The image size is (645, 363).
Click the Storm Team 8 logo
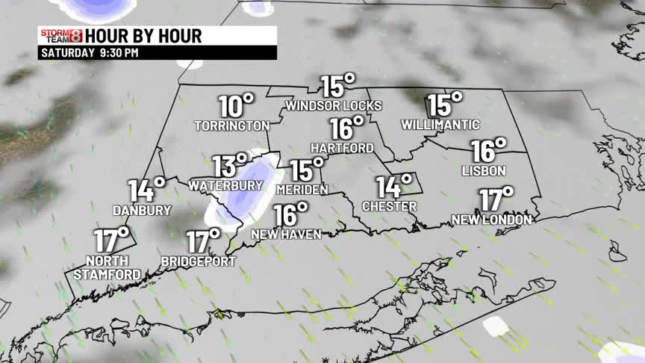pos(60,35)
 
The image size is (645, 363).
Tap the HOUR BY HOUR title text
pos(143,35)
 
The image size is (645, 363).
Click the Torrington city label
pos(231,125)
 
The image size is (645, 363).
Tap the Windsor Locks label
pos(334,105)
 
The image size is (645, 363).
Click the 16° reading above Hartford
pos(346,128)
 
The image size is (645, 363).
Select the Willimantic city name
pos(440,124)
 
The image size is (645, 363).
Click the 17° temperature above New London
pos(496,199)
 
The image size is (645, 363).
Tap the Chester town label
pos(389,205)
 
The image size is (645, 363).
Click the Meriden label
pos(302,190)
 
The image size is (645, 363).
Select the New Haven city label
pos(286,234)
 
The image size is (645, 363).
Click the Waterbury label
pos(225,184)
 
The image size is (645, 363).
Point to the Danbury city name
pos(142,210)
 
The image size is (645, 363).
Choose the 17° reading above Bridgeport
pos(202,241)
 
